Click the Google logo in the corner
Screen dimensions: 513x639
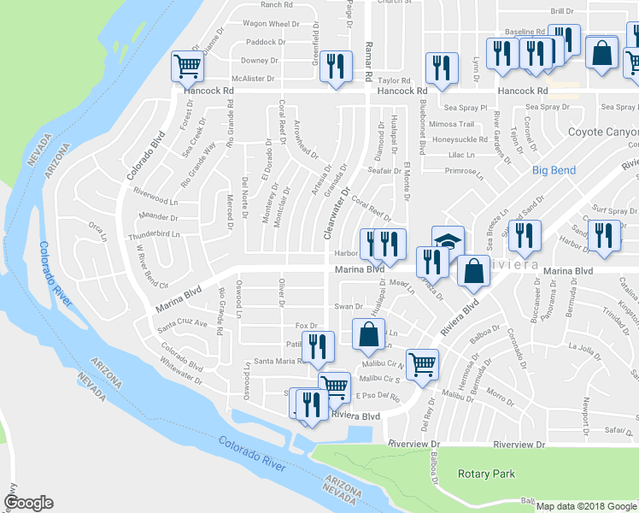point(27,503)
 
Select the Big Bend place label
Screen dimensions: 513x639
point(554,170)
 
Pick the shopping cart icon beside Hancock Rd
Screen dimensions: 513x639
point(187,65)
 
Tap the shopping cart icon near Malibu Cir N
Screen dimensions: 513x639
point(422,364)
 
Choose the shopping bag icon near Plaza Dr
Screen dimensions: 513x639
point(472,271)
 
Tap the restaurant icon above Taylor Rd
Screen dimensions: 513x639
point(441,68)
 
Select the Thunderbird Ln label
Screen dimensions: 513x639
point(155,233)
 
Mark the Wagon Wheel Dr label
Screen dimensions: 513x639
point(265,24)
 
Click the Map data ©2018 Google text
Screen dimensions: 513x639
point(585,506)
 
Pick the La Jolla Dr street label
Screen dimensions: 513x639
point(585,346)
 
